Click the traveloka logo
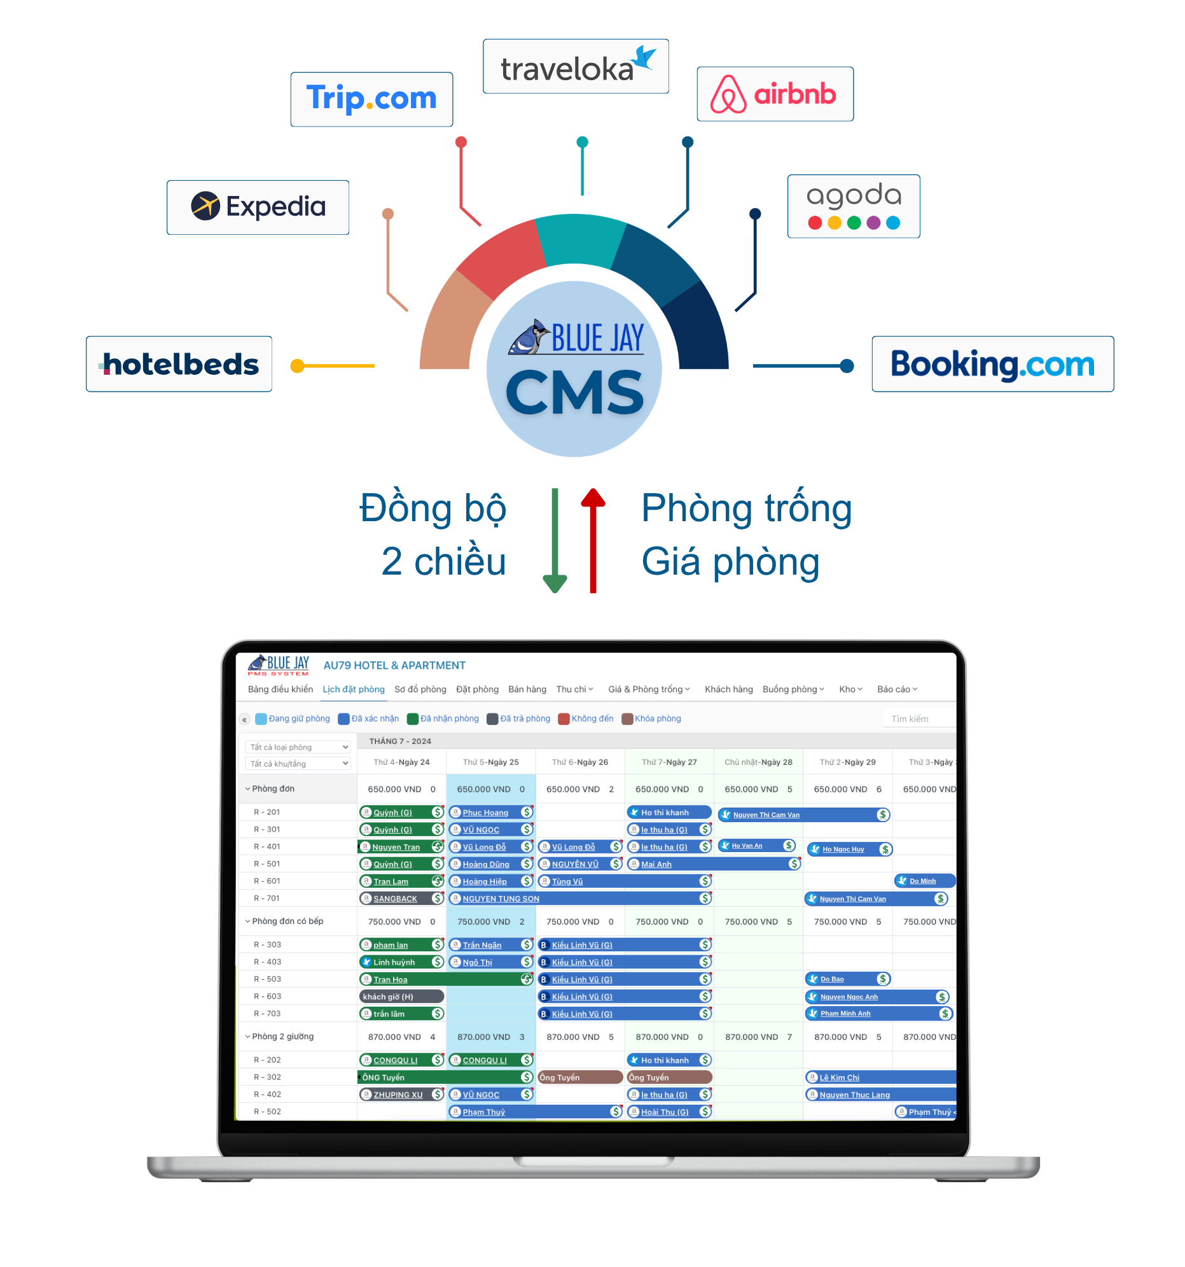(x=575, y=67)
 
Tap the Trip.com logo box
(x=371, y=99)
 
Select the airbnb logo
(x=774, y=94)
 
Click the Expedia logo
(x=258, y=206)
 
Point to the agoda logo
(x=853, y=206)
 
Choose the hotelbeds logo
(x=179, y=364)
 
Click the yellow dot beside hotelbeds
(x=297, y=366)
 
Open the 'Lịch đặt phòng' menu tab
(x=353, y=689)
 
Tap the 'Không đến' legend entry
(x=585, y=718)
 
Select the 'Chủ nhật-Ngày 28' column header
(x=758, y=762)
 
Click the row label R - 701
(x=267, y=898)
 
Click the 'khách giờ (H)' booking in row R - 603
(x=401, y=996)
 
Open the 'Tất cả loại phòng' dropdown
(x=298, y=747)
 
